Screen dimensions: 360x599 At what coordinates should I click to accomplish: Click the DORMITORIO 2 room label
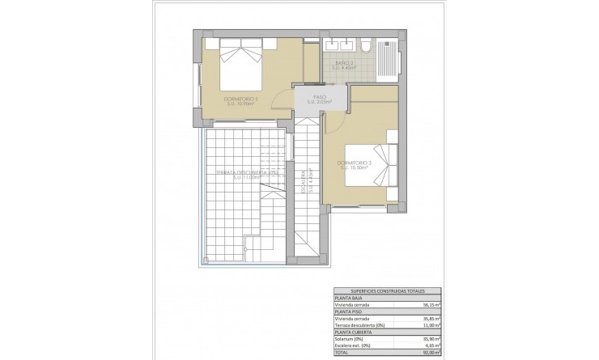(x=240, y=100)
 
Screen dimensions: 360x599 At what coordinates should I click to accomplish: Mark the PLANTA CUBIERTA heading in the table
(x=355, y=333)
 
